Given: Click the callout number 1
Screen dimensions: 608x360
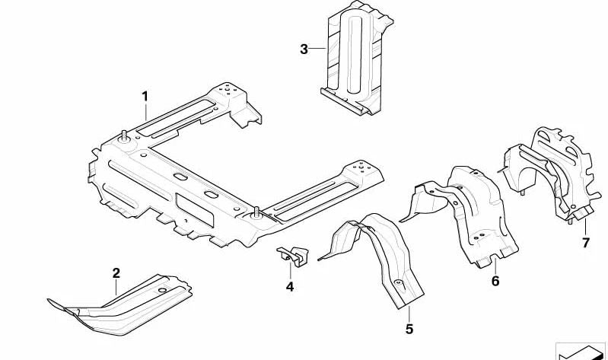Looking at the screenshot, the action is tap(145, 96).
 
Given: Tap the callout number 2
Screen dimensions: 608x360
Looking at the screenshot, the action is tap(116, 273).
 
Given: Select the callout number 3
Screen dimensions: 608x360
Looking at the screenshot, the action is tap(304, 49).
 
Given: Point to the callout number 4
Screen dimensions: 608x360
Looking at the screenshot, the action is tap(290, 287).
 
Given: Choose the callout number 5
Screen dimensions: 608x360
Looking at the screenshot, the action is tap(409, 329).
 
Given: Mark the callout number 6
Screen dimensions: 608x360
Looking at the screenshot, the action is tap(495, 281).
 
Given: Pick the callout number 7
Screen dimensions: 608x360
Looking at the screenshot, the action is tap(585, 243).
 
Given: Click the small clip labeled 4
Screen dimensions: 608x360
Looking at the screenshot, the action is tap(293, 256).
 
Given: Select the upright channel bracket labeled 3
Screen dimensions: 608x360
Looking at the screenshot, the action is tap(356, 58).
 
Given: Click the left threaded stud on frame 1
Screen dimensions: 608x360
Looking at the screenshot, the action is tap(124, 135).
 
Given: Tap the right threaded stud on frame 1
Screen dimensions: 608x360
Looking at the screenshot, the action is tap(256, 212).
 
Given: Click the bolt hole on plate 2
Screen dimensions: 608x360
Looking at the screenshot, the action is tap(162, 290).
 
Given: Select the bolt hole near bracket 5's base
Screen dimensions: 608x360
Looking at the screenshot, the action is tap(398, 282).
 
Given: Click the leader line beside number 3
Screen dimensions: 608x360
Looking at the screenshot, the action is tap(317, 48).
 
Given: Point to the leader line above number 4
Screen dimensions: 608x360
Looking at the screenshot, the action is tap(290, 271).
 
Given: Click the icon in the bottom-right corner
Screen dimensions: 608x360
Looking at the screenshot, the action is tap(581, 352).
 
